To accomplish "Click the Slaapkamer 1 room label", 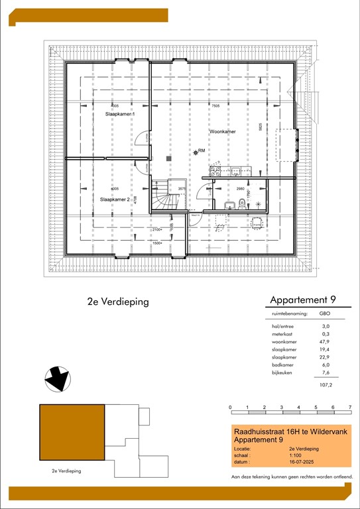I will [x=120, y=115].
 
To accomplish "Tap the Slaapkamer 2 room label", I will [x=115, y=199].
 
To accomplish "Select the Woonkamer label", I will [x=223, y=132].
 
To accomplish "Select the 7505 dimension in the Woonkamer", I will [x=215, y=106].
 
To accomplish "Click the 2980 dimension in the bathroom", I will [x=241, y=189].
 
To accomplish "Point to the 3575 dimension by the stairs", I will [x=182, y=189].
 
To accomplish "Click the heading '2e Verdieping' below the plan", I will [x=117, y=302].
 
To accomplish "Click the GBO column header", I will [x=325, y=313].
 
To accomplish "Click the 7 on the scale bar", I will [x=350, y=408].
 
